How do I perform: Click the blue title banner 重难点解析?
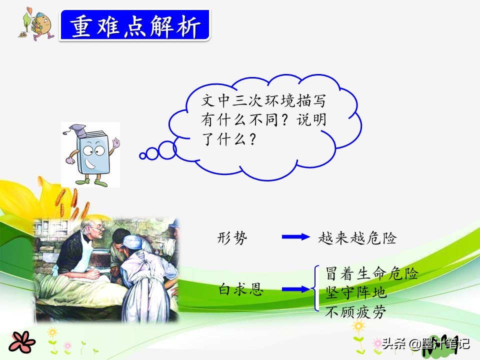pyautogui.click(x=134, y=25)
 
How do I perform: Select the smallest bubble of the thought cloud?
pyautogui.click(x=142, y=156)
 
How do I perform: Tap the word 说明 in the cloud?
pyautogui.click(x=311, y=119)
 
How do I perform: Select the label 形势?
pyautogui.click(x=232, y=237)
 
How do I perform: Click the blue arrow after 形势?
pyautogui.click(x=295, y=236)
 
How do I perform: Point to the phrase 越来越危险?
pyautogui.click(x=357, y=238)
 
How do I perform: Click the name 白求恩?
pyautogui.click(x=240, y=289)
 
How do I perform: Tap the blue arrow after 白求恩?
pyautogui.click(x=295, y=289)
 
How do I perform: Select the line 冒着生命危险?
pyautogui.click(x=371, y=273)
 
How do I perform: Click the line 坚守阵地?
pyautogui.click(x=355, y=292)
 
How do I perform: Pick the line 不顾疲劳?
pyautogui.click(x=355, y=312)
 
